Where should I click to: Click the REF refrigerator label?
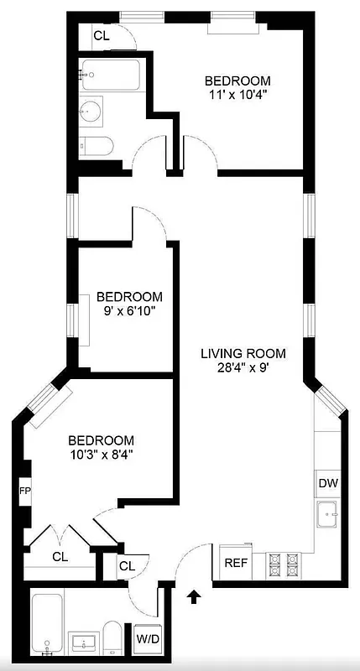click(234, 563)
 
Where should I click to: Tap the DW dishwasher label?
click(327, 484)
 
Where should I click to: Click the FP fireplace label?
click(25, 491)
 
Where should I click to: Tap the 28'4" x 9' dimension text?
click(243, 367)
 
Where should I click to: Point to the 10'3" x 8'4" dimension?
click(101, 455)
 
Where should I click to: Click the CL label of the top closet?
click(101, 35)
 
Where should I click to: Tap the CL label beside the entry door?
click(127, 566)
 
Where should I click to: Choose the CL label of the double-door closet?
click(60, 555)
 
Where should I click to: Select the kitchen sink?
click(327, 512)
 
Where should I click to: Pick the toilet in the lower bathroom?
click(111, 639)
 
